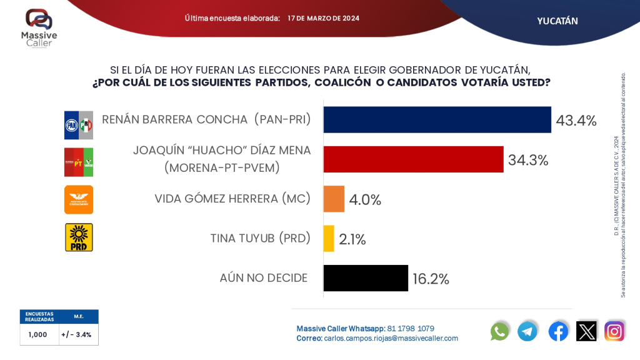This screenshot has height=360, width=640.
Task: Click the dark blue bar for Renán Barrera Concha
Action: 437,119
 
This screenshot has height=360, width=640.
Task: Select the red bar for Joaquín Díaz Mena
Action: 413,159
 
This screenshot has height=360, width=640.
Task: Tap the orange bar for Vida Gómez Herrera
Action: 334,199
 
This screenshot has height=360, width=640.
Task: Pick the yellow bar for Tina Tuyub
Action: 329,238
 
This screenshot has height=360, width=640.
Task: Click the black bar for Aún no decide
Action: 366,277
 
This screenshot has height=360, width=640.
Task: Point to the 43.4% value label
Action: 576,120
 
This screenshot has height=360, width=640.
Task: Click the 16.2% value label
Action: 431,279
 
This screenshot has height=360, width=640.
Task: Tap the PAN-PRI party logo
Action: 79,125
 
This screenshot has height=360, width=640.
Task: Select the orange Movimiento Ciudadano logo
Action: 79,199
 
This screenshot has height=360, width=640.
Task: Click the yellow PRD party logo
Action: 79,237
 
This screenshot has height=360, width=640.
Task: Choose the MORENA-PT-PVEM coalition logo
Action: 79,162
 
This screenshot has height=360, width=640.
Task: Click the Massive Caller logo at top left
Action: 39,28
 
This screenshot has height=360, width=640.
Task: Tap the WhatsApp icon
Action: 499,331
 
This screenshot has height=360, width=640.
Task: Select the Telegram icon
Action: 527,331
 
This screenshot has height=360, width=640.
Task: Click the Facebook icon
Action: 558,331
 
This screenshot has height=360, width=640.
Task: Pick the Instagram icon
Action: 614,331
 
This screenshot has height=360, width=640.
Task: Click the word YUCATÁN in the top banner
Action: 557,21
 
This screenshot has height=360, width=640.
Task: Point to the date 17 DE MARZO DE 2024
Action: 323,18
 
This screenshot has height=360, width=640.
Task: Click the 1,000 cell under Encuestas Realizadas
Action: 37,334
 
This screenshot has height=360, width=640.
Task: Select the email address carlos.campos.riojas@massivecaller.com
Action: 391,338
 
